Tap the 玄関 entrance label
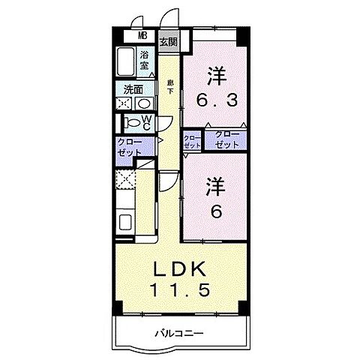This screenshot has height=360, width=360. [x=168, y=41]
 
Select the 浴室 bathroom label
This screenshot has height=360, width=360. [x=143, y=60]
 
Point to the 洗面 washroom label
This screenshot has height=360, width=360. [x=134, y=88]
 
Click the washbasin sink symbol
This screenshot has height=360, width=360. [x=144, y=103]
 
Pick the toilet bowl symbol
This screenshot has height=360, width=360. [x=131, y=120]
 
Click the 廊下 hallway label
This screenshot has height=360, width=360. [x=170, y=86]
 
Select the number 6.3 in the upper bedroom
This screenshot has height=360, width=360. [x=217, y=98]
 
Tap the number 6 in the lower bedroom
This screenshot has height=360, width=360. [x=215, y=213]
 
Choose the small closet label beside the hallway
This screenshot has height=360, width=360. [x=192, y=142]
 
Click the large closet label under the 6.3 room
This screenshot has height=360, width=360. [x=227, y=139]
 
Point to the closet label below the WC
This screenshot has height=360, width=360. [x=131, y=147]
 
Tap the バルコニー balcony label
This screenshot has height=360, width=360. [x=180, y=333]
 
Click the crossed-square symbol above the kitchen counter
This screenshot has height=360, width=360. [x=125, y=179]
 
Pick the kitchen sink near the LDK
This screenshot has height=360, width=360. [x=125, y=223]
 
